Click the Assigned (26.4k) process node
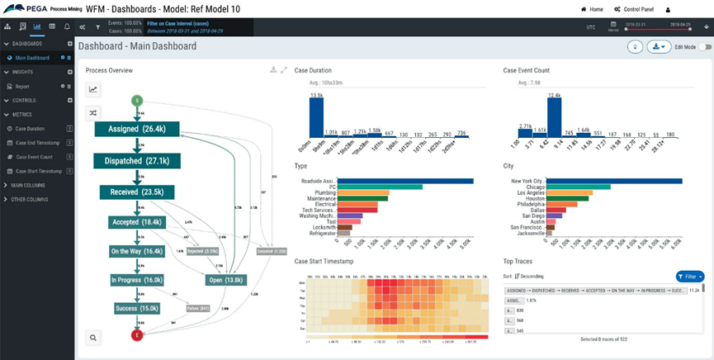(x=136, y=129)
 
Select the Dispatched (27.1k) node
(x=136, y=160)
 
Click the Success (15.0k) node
(x=136, y=308)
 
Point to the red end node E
(x=137, y=335)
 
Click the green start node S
(x=137, y=101)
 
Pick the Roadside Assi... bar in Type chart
(x=405, y=181)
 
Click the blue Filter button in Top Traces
(x=690, y=276)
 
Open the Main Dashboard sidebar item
(x=32, y=58)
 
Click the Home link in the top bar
(x=593, y=9)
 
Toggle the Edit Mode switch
(x=704, y=47)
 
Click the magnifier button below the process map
(x=93, y=337)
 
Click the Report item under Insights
(x=22, y=86)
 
